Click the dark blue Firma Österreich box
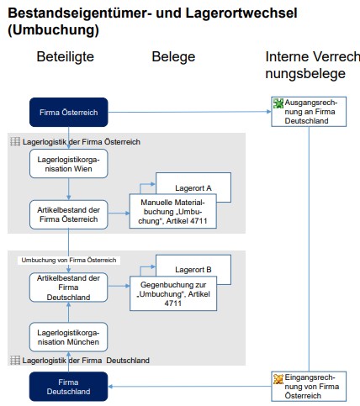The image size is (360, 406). (69, 112)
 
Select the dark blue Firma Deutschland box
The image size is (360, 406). (68, 387)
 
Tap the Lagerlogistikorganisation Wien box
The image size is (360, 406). (69, 164)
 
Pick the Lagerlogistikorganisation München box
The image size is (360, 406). (68, 337)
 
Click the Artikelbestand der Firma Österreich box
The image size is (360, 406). (69, 214)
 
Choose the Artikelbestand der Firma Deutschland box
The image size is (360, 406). (68, 287)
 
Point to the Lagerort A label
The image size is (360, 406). (193, 188)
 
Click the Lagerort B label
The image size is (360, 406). (193, 270)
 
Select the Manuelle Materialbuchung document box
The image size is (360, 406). (172, 211)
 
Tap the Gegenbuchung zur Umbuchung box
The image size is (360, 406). (173, 293)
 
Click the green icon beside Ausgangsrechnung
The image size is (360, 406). (278, 103)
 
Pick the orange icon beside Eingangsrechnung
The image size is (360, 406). (278, 379)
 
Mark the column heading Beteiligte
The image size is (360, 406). (66, 57)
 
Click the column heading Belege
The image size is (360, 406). (173, 57)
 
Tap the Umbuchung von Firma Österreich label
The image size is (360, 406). (69, 260)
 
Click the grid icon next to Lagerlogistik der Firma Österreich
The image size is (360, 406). (15, 141)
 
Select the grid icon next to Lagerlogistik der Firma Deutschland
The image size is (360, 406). (15, 360)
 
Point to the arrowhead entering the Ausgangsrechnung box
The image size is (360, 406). (269, 112)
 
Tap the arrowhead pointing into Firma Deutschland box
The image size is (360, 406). (110, 387)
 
